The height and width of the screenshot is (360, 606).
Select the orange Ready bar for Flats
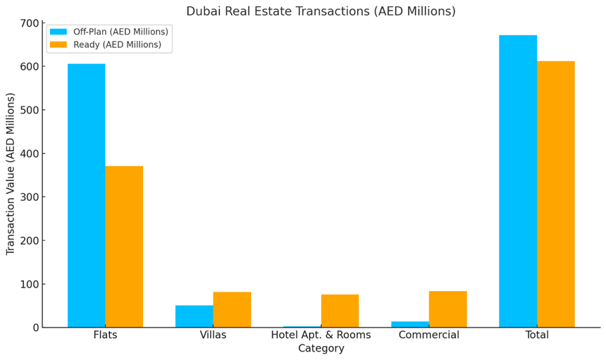click(124, 247)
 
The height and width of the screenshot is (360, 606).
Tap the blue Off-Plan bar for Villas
click(194, 316)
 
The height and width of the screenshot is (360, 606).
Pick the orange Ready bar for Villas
click(232, 309)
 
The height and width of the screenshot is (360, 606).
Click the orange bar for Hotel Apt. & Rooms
click(340, 311)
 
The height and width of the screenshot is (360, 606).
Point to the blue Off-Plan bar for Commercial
click(409, 324)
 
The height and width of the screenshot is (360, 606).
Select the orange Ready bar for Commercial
click(447, 309)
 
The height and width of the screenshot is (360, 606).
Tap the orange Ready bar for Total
click(555, 194)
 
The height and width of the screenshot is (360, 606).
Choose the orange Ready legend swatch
click(58, 45)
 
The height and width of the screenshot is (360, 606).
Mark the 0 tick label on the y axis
click(35, 328)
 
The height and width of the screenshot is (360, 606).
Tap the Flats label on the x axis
click(105, 335)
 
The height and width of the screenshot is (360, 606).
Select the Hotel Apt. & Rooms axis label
click(321, 335)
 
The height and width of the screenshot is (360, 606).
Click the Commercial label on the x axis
click(428, 335)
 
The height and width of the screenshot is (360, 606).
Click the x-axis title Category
click(321, 349)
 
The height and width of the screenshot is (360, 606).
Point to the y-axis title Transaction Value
click(11, 173)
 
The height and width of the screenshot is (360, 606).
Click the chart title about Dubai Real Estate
click(321, 11)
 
